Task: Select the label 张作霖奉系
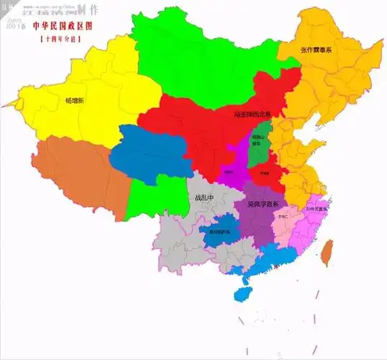point(317,49)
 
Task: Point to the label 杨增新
point(75,101)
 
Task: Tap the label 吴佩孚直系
point(263,204)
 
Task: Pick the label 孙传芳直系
point(316,209)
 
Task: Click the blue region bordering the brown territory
point(151,151)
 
